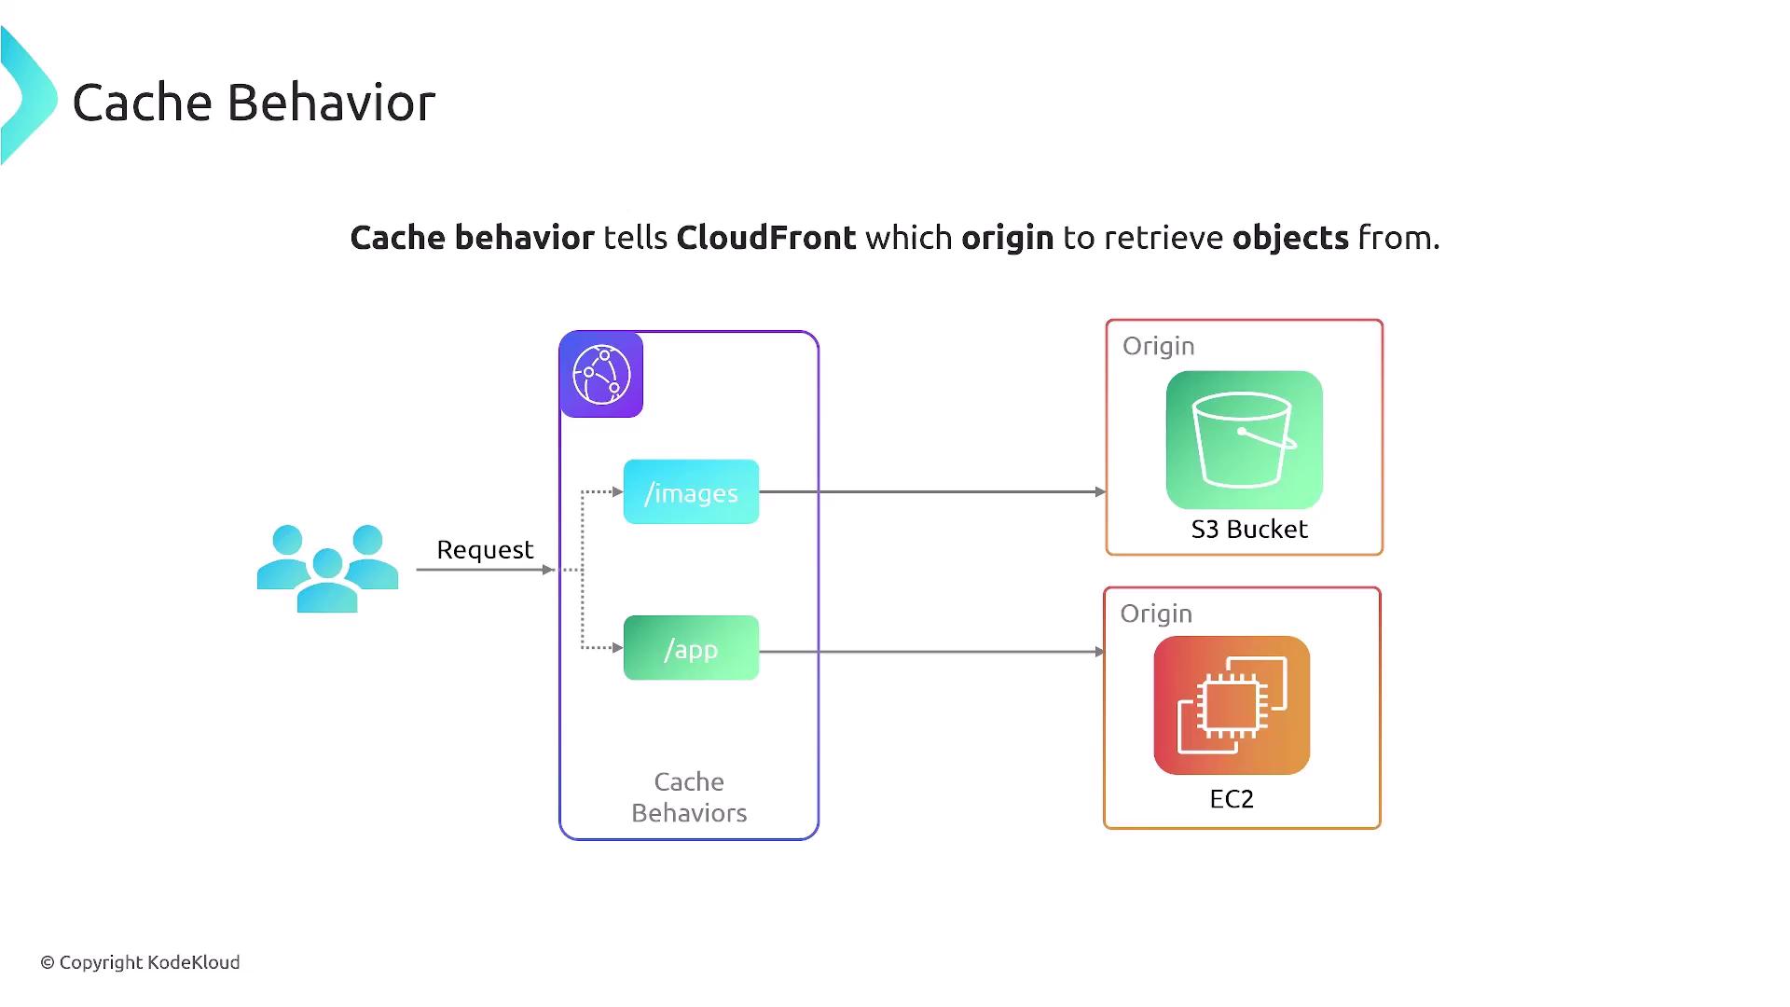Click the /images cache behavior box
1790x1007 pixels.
pos(691,492)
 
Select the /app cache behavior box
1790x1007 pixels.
pos(691,648)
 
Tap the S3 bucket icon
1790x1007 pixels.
pos(1244,440)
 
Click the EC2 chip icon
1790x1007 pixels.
pos(1232,705)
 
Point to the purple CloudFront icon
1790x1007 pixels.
pos(601,375)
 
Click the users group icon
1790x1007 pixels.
pos(327,568)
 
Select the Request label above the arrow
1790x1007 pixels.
pos(485,549)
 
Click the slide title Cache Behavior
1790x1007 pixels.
pos(254,103)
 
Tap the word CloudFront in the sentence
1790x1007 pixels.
pos(765,238)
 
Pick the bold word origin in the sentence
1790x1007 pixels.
pos(1007,238)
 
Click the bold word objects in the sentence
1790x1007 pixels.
pos(1290,238)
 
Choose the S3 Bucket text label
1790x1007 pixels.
pos(1249,530)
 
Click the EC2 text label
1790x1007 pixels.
pos(1232,799)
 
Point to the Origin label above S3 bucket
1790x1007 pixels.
pos(1158,346)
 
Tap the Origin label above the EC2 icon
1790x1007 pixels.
pos(1156,614)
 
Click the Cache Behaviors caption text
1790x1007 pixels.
pos(689,797)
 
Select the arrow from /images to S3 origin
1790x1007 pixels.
pos(932,491)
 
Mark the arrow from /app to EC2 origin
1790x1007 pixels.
pos(932,652)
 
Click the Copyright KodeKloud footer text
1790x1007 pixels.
pos(141,962)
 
